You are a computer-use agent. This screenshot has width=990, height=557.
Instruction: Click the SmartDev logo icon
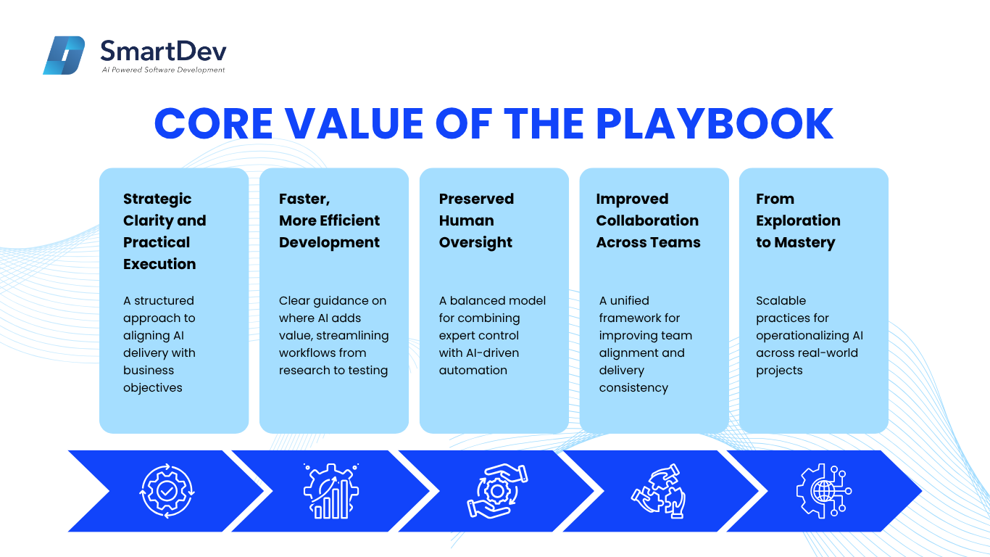pos(64,55)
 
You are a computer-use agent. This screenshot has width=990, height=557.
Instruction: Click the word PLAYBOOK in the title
pos(715,123)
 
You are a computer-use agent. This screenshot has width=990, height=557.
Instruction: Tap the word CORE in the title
pos(214,123)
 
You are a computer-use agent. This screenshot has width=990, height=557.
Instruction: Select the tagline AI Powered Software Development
pos(164,70)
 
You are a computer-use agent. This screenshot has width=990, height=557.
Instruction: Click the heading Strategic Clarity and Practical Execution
pos(165,231)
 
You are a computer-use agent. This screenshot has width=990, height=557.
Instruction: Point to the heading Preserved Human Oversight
pos(476,220)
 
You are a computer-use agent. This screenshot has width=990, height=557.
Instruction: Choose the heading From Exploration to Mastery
pos(798,220)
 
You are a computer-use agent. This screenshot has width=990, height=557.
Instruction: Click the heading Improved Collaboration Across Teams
pos(649,220)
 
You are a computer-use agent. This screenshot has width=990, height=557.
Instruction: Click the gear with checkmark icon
pos(167,490)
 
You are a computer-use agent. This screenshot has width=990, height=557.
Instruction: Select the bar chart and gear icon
pos(331,490)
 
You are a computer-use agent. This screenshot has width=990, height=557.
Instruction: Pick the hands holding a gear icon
pos(497,490)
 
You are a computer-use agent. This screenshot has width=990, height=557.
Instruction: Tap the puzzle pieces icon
pos(659,490)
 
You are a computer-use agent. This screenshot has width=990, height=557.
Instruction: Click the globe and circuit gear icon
pos(824,490)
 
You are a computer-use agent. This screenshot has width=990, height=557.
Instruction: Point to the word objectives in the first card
pos(152,388)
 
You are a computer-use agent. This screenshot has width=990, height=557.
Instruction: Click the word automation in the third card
pos(473,371)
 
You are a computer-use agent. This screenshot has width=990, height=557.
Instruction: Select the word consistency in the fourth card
pos(633,388)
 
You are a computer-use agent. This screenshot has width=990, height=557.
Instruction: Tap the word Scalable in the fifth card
pos(781,301)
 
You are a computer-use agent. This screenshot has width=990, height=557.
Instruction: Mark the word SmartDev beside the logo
pos(164,51)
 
